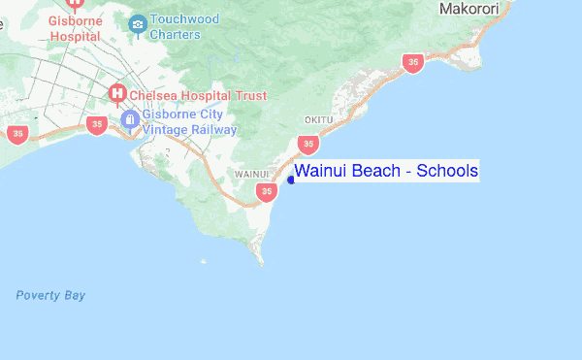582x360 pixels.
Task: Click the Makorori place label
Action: click(x=469, y=9)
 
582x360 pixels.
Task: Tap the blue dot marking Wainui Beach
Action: click(x=291, y=179)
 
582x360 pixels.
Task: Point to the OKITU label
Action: click(x=318, y=119)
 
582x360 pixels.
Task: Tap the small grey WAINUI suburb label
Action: click(x=251, y=174)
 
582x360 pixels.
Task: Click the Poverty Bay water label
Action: click(x=50, y=295)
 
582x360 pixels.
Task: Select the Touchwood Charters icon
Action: click(x=137, y=21)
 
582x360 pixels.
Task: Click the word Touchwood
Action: click(x=185, y=18)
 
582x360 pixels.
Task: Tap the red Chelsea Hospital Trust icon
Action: click(x=117, y=94)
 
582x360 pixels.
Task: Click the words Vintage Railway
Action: click(x=190, y=129)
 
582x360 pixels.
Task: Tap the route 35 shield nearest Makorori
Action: click(x=414, y=63)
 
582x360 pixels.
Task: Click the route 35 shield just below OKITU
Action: click(x=308, y=144)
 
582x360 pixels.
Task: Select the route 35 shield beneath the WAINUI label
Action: click(x=267, y=192)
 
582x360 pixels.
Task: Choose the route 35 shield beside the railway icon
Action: click(x=96, y=124)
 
